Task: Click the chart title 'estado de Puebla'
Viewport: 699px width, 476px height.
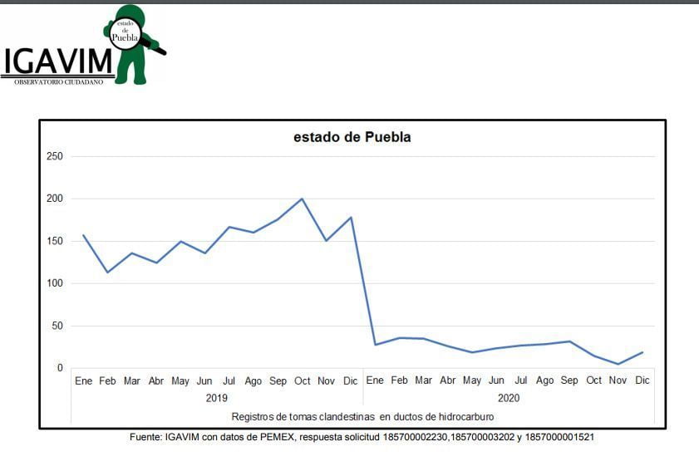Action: point(352,137)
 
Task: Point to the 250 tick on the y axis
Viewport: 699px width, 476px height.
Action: point(55,156)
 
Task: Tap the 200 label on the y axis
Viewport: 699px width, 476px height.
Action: point(55,199)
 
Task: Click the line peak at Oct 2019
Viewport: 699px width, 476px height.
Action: point(302,199)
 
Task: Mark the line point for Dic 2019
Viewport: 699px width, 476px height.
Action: point(351,218)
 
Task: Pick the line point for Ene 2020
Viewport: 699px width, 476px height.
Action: point(375,344)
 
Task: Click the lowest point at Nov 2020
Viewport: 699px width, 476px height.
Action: point(618,364)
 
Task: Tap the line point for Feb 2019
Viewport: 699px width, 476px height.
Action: point(107,272)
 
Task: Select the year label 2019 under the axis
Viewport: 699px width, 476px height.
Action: point(217,398)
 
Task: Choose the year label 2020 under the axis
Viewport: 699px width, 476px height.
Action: point(509,398)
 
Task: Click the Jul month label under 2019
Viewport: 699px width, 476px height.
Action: point(229,381)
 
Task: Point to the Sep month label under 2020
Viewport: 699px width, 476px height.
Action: point(569,381)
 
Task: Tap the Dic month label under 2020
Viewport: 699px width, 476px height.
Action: point(642,381)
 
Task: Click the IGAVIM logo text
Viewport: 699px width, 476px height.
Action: point(58,61)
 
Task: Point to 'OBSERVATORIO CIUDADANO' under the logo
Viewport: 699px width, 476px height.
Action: point(58,81)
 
